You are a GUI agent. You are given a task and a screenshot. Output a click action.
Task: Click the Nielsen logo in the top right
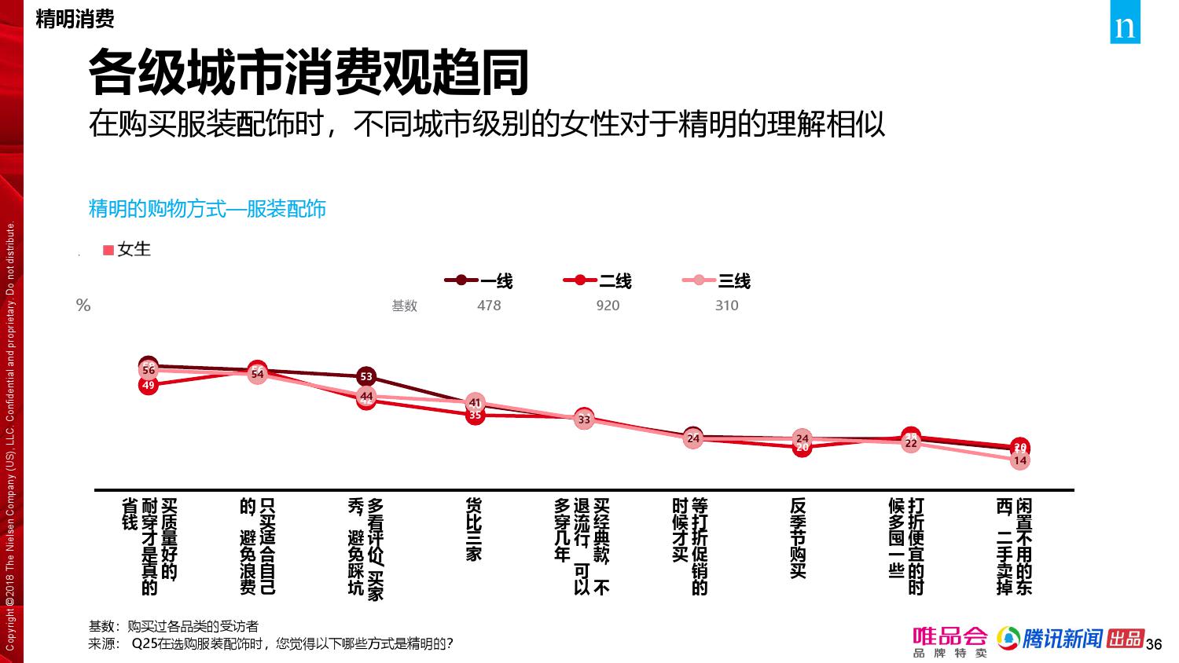point(1125,27)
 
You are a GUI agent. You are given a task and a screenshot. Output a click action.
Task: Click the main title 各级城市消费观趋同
point(308,73)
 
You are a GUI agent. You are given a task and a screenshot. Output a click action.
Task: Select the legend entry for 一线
point(479,280)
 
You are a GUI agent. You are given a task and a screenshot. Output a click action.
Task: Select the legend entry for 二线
point(598,280)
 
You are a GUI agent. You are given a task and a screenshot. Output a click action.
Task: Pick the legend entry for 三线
point(717,280)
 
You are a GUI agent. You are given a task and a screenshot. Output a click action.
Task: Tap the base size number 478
point(489,306)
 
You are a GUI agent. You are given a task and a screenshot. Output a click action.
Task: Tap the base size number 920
point(608,306)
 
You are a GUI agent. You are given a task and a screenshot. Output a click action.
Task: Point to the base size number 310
point(726,306)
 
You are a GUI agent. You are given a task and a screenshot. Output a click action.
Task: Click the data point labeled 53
point(365,376)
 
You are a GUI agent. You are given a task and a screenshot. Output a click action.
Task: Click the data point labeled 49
point(149,385)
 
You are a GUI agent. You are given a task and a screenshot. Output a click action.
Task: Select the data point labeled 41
point(475,403)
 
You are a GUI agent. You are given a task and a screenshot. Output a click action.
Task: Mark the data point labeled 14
point(1020,460)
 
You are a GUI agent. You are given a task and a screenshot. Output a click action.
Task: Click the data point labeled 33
point(584,419)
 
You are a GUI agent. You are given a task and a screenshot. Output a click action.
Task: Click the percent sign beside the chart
point(83,306)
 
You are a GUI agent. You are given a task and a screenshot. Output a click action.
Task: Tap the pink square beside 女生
point(108,250)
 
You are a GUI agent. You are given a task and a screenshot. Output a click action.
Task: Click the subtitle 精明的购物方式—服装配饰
point(207,209)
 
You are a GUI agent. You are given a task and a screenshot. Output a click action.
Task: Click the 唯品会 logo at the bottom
point(949,641)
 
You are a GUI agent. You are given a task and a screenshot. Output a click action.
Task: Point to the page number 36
point(1154,645)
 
